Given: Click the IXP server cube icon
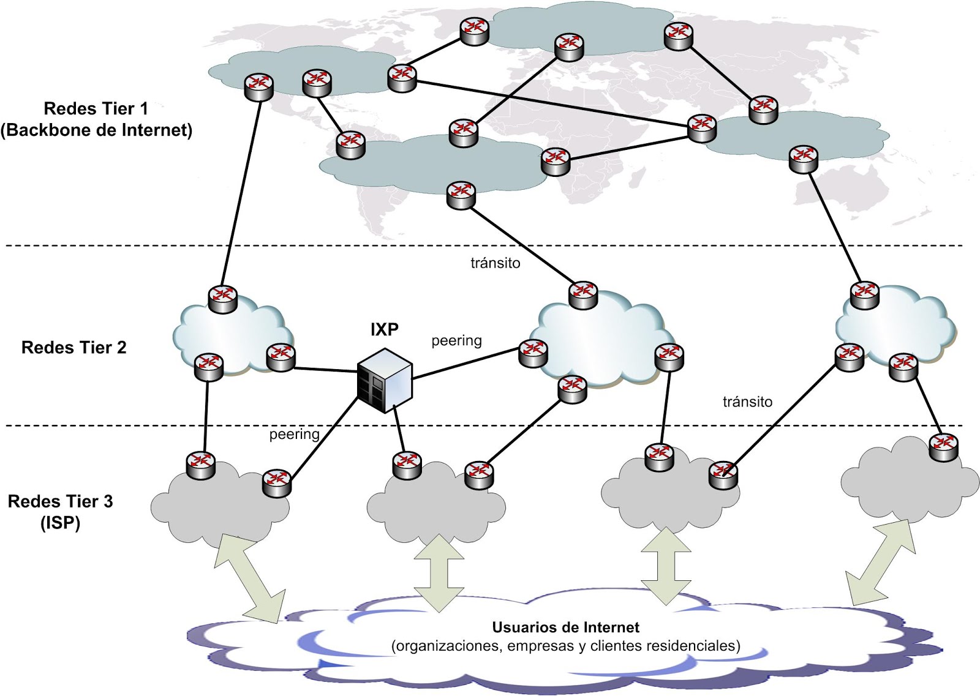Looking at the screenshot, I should [x=385, y=380].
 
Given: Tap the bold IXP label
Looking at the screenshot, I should [x=384, y=330].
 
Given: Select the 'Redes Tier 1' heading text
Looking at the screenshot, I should [x=96, y=109].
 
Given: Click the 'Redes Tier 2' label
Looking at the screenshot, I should [x=73, y=348].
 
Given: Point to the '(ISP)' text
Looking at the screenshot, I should [x=60, y=523].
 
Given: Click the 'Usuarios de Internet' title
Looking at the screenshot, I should [x=565, y=627].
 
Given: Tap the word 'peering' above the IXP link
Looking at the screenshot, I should [x=456, y=340].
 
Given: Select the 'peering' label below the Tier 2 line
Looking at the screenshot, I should [x=294, y=434].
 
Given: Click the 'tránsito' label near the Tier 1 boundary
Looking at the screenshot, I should [x=495, y=263].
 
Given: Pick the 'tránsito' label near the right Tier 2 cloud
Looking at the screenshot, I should [x=747, y=402].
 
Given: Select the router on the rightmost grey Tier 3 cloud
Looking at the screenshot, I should [x=943, y=446].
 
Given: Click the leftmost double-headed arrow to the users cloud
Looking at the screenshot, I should [x=250, y=578].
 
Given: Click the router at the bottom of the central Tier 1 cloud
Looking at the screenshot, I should [x=461, y=195].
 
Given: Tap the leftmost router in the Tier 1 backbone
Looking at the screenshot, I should [x=258, y=86].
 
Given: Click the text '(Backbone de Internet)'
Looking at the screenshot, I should [x=96, y=130].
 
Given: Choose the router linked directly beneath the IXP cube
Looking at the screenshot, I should [x=407, y=465].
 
